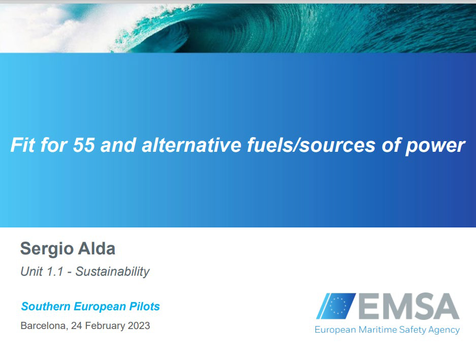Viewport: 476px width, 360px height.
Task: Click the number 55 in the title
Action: click(84, 145)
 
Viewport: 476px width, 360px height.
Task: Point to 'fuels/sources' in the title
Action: click(311, 145)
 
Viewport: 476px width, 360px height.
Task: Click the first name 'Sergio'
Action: click(47, 249)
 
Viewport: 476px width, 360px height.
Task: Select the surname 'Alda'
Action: click(97, 249)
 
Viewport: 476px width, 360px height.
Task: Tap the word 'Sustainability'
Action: click(112, 272)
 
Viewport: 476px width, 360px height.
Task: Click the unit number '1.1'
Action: click(55, 271)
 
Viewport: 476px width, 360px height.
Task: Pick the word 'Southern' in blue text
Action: click(46, 306)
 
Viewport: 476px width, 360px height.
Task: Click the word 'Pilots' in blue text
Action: click(144, 307)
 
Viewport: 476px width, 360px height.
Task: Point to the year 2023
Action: click(139, 325)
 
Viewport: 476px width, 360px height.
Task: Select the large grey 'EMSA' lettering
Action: click(409, 306)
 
